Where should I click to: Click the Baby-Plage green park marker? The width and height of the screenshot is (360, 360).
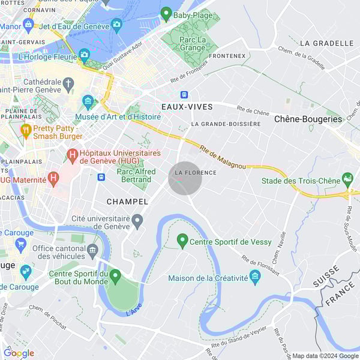click(x=167, y=13)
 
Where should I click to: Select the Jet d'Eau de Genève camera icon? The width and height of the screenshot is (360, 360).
click(x=117, y=25)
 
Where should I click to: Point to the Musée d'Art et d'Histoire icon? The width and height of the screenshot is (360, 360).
click(x=88, y=100)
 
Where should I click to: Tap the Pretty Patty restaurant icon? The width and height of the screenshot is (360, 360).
click(x=25, y=130)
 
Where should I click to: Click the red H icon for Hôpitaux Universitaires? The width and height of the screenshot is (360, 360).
click(x=73, y=157)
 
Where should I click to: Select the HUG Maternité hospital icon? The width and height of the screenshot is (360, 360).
click(x=53, y=178)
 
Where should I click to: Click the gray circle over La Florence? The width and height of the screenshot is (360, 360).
click(x=185, y=178)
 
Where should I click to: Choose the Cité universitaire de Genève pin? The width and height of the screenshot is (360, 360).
click(x=137, y=221)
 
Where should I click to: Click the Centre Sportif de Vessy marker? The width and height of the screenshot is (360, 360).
click(x=182, y=241)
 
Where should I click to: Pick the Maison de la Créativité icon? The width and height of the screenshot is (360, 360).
click(x=255, y=277)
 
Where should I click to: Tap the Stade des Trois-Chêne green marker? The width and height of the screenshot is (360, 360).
click(x=347, y=179)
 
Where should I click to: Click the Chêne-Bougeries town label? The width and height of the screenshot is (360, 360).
click(x=308, y=119)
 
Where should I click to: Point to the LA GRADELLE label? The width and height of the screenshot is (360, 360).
click(x=326, y=43)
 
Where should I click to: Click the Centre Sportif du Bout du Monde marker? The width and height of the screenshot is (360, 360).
click(x=115, y=277)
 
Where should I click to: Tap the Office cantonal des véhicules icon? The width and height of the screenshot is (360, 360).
click(x=92, y=250)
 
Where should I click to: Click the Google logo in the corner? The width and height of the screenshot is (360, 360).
click(x=19, y=353)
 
